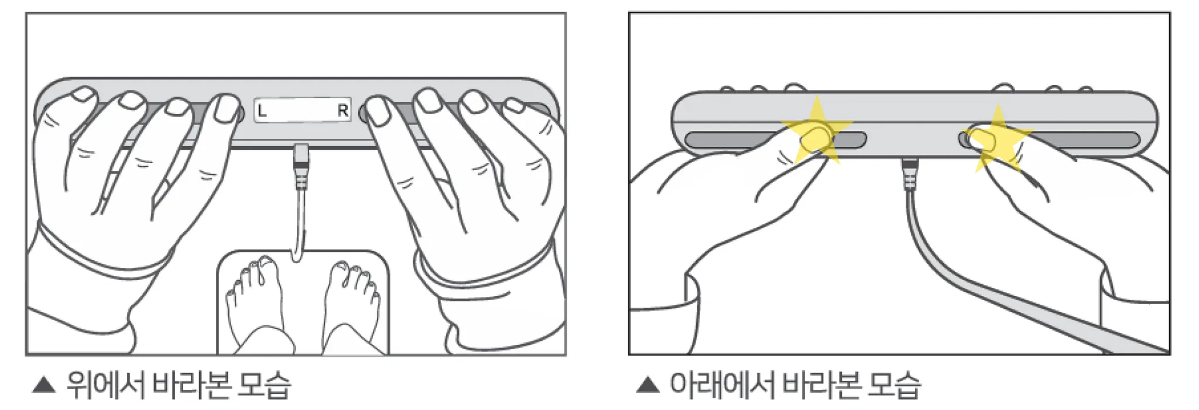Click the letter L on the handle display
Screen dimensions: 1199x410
tap(262, 110)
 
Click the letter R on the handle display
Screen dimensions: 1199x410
tap(342, 110)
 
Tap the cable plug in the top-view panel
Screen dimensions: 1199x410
tap(301, 166)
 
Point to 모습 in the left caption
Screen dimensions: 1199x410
tap(263, 385)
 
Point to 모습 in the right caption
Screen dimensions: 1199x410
tap(894, 385)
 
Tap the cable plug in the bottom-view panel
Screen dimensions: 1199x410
tap(909, 174)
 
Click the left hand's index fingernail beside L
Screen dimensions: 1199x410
tap(224, 108)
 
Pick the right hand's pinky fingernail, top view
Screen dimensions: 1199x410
tap(515, 106)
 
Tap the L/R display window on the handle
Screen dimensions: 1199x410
tap(303, 110)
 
